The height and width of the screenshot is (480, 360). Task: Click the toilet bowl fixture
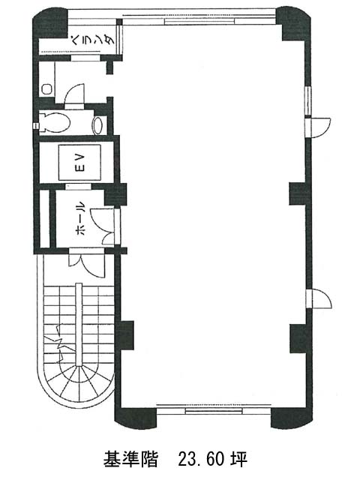click(55, 122)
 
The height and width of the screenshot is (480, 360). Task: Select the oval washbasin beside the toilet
click(98, 125)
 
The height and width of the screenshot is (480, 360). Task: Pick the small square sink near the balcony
click(46, 89)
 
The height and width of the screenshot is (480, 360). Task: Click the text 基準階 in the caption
click(130, 458)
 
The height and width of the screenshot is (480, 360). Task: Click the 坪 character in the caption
click(238, 458)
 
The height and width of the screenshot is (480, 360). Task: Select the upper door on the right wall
click(318, 127)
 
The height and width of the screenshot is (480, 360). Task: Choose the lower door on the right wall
click(318, 298)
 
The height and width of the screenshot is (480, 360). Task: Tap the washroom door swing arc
click(73, 95)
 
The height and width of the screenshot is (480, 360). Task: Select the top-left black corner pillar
click(49, 23)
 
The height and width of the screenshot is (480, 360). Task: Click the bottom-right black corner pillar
click(292, 418)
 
